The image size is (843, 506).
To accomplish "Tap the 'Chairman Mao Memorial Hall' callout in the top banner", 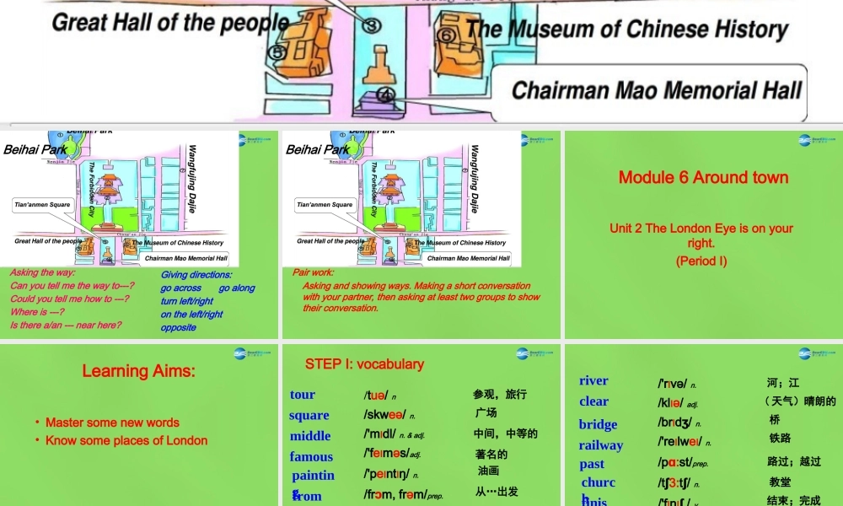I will click(x=657, y=90).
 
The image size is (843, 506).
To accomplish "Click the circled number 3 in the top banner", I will click(x=370, y=25).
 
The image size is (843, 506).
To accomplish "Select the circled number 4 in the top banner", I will click(x=386, y=94).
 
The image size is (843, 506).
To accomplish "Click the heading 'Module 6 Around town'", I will click(x=703, y=177).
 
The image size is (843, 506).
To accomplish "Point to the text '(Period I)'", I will click(x=701, y=261).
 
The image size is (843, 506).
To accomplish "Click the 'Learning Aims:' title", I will click(x=138, y=370).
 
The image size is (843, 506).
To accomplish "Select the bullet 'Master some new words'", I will click(x=112, y=423).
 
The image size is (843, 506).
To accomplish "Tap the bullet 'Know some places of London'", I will click(x=126, y=440).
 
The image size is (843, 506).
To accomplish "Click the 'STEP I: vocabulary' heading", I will click(x=364, y=364).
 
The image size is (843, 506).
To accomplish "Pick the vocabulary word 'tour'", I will click(x=303, y=395).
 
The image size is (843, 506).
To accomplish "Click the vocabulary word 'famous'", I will click(x=311, y=456).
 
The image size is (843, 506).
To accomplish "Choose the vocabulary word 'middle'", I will click(x=310, y=436).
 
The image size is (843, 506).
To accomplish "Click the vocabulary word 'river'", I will click(x=593, y=381).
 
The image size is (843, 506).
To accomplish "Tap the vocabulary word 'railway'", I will click(x=601, y=445).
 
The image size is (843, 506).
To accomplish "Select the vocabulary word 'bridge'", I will click(x=598, y=424).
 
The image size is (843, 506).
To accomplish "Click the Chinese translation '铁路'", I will click(x=780, y=438).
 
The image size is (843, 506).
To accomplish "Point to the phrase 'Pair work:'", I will click(x=314, y=272).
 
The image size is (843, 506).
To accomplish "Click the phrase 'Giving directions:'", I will click(x=196, y=274).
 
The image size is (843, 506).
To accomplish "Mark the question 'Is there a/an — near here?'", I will click(x=65, y=325).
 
